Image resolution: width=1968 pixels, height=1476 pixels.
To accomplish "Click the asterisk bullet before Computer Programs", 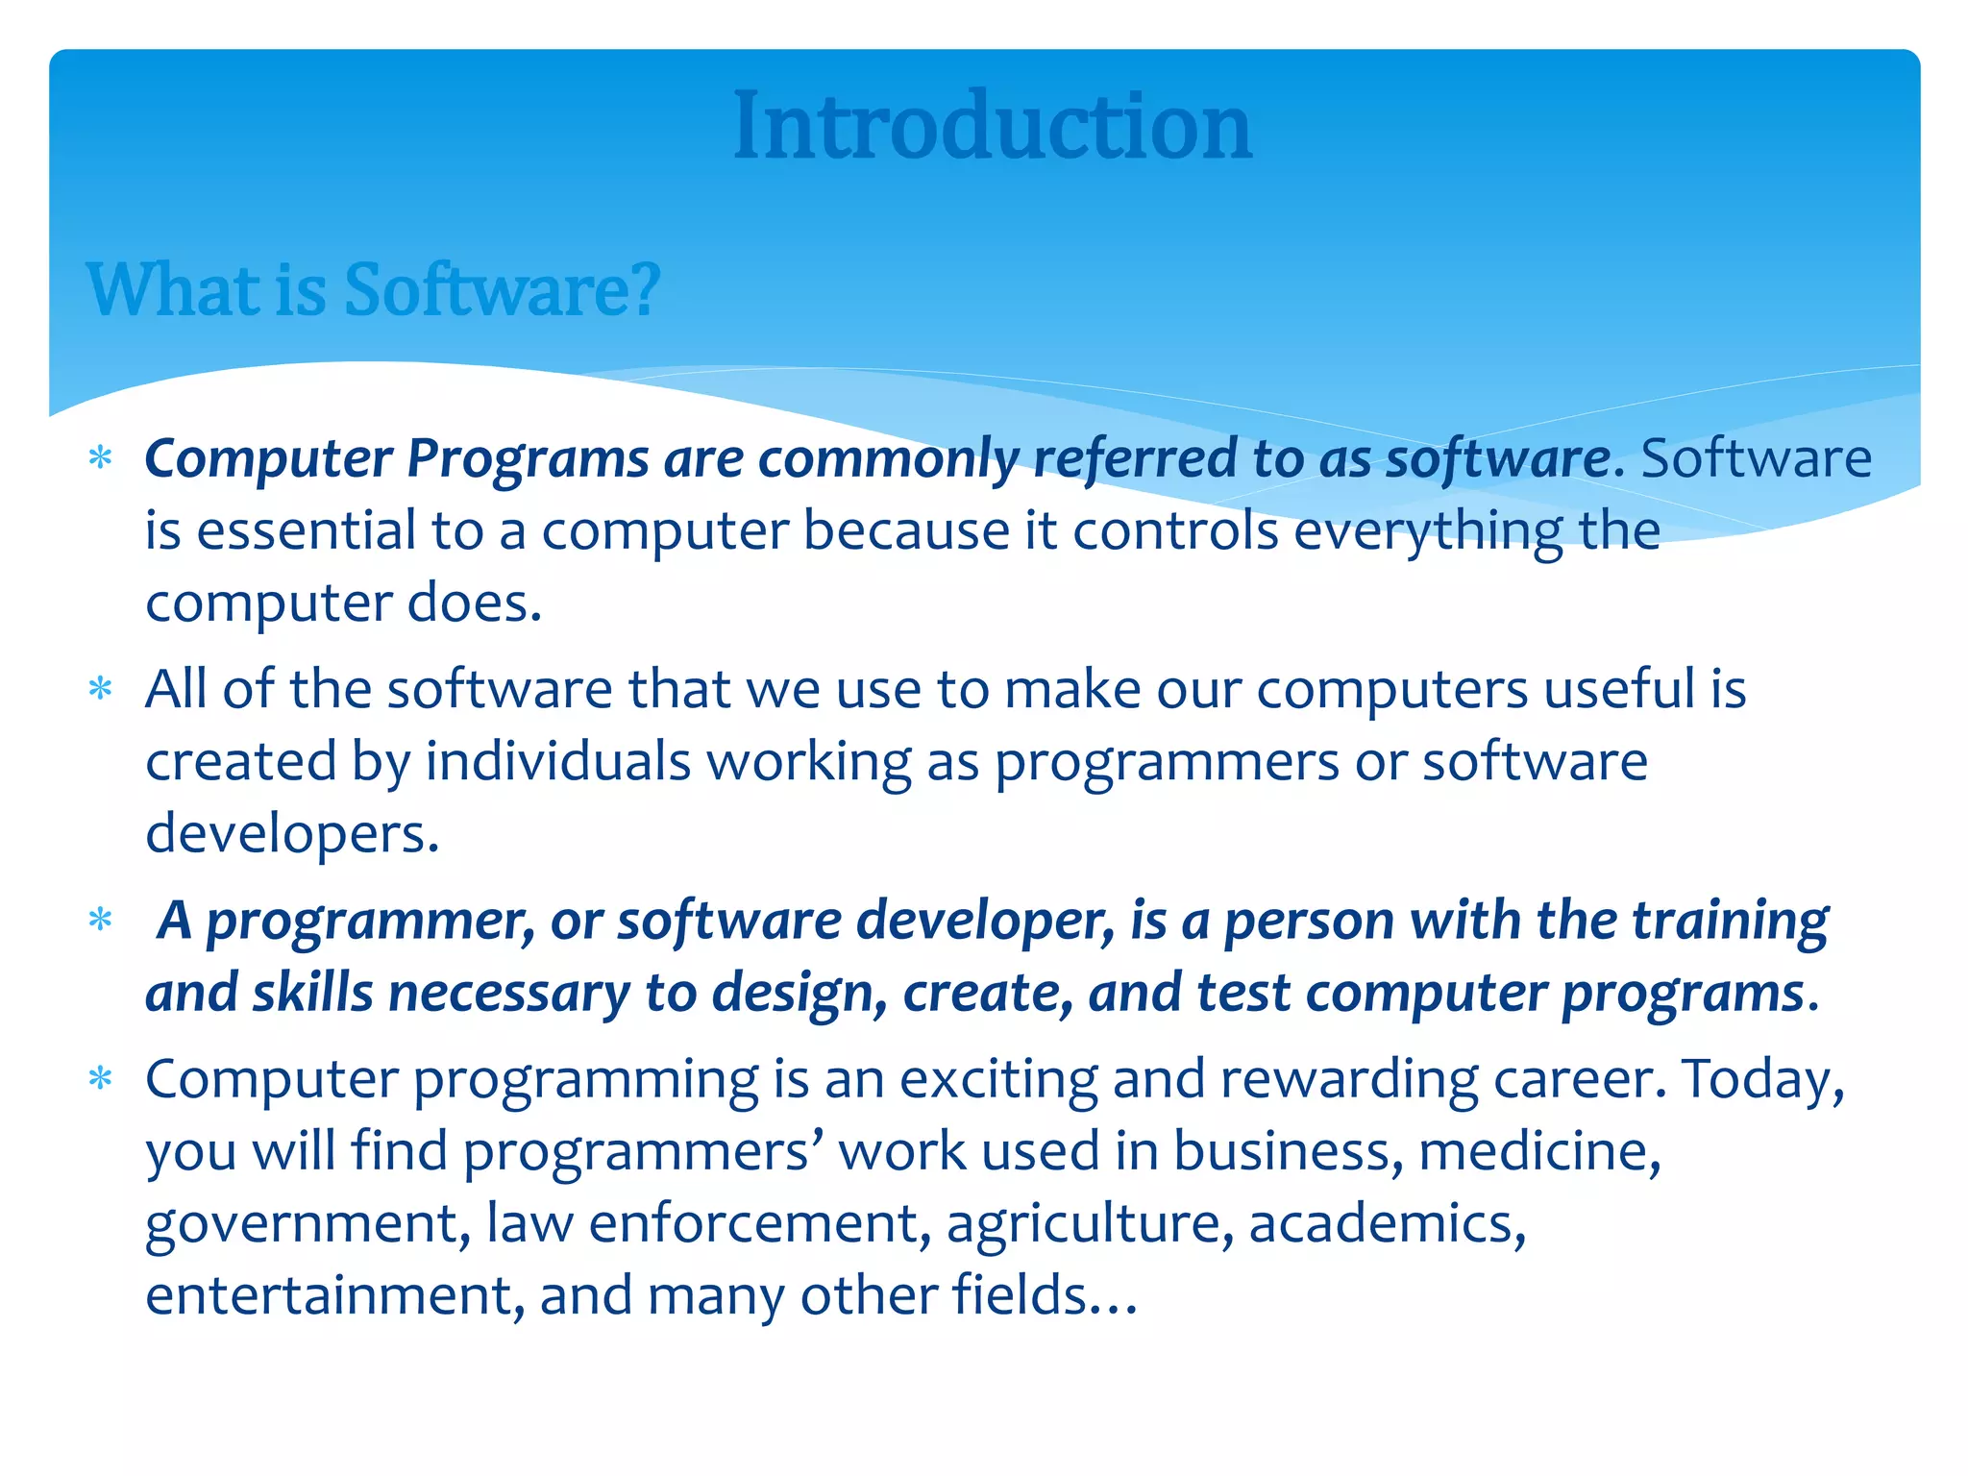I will coord(100,458).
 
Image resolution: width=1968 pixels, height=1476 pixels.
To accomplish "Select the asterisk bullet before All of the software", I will coord(100,690).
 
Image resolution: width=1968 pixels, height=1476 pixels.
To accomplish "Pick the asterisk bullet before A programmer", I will coord(100,922).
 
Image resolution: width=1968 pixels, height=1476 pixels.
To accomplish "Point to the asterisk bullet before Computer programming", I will coord(100,1080).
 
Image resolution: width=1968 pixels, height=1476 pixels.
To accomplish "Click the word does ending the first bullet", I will coord(475,603).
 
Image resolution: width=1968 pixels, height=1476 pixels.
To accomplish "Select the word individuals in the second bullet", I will coord(558,762).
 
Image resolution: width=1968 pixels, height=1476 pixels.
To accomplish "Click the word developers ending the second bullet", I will coord(291,834).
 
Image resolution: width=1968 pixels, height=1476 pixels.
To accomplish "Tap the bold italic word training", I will coord(1730,922).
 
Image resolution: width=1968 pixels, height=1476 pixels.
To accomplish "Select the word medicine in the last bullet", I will coord(1537,1152).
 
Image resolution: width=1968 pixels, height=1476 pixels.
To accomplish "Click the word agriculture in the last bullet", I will coord(1090,1224).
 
